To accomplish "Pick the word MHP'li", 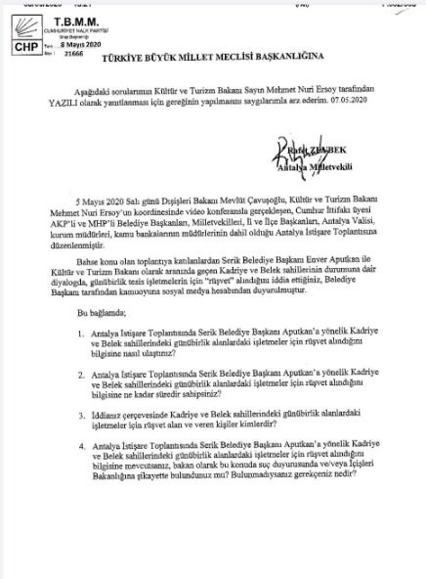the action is coord(109,248).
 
